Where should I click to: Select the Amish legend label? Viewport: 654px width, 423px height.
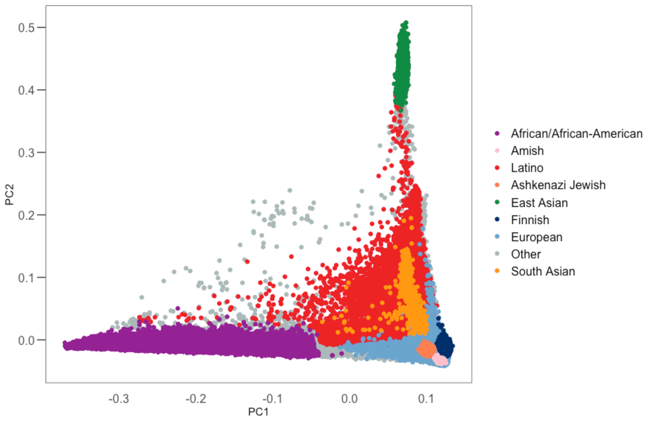click(527, 150)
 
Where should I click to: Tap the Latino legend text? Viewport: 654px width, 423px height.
click(527, 168)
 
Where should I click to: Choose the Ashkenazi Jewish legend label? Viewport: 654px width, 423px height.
click(558, 185)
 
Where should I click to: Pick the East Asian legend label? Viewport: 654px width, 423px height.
click(539, 203)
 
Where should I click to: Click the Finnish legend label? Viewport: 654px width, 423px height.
click(530, 220)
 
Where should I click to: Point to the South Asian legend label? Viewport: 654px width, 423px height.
click(543, 271)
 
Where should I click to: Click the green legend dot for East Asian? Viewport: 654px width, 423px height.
click(496, 203)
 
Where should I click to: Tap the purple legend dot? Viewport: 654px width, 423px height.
click(496, 133)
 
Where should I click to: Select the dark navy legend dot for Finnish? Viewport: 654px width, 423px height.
click(496, 220)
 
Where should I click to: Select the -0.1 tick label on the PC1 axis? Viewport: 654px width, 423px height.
click(272, 399)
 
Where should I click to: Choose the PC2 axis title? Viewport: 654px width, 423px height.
click(9, 194)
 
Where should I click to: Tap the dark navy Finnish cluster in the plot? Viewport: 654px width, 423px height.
click(446, 344)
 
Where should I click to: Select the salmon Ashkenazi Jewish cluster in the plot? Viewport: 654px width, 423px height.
click(426, 347)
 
